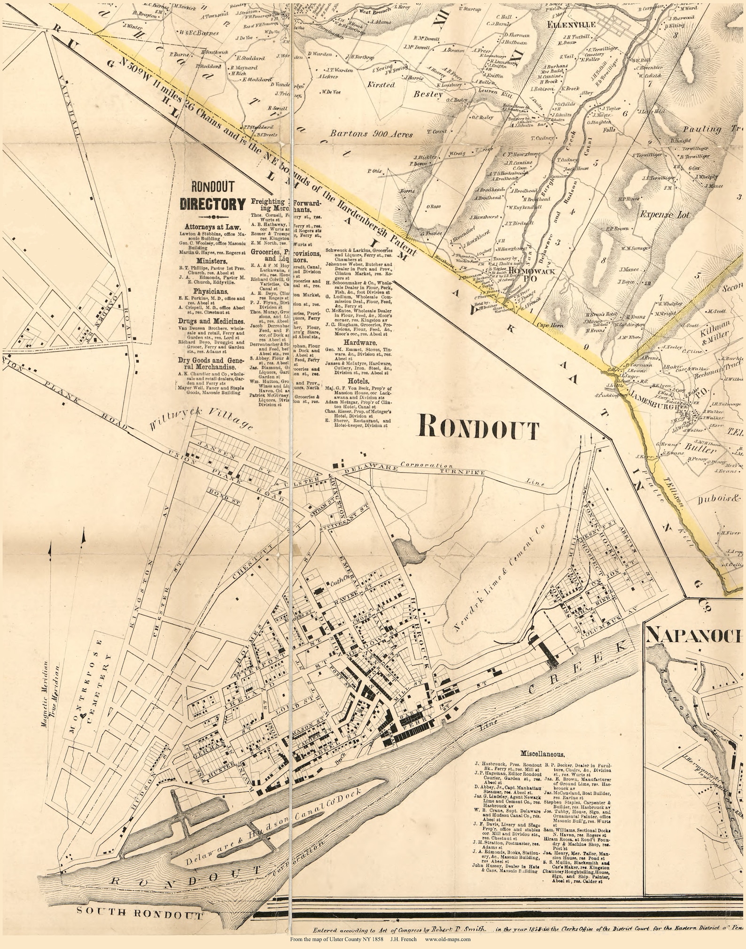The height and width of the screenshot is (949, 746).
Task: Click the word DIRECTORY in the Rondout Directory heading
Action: coord(213,204)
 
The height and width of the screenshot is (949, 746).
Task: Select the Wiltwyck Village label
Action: coord(201,419)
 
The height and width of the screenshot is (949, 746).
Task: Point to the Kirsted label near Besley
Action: coord(381,85)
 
